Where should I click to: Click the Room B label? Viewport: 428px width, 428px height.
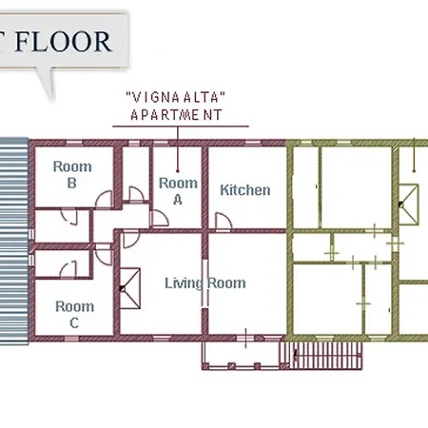[x=72, y=175]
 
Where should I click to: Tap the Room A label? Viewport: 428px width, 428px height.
[x=178, y=191]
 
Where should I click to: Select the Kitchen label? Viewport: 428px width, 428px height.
[x=245, y=190]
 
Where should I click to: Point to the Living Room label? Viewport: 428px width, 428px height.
[x=205, y=283]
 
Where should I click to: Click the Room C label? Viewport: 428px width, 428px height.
[x=74, y=315]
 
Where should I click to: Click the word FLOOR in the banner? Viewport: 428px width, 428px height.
[x=63, y=42]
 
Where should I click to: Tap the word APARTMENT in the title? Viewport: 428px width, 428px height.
[x=176, y=115]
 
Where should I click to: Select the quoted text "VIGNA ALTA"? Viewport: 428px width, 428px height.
[x=176, y=97]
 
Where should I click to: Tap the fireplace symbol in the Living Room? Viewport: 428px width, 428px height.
[x=130, y=288]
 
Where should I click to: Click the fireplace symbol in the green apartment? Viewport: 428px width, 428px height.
[x=409, y=204]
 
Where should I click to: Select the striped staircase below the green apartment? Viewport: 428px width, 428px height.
[x=321, y=355]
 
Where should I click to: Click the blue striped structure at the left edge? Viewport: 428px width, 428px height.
[x=14, y=241]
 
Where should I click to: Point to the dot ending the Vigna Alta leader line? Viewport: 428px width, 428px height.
[x=178, y=171]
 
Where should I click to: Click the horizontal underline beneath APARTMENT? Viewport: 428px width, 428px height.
[x=181, y=126]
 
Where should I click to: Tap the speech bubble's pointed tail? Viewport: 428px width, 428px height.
[x=46, y=83]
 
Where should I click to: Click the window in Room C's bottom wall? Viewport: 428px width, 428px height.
[x=71, y=339]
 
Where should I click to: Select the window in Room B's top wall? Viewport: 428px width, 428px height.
[x=74, y=143]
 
